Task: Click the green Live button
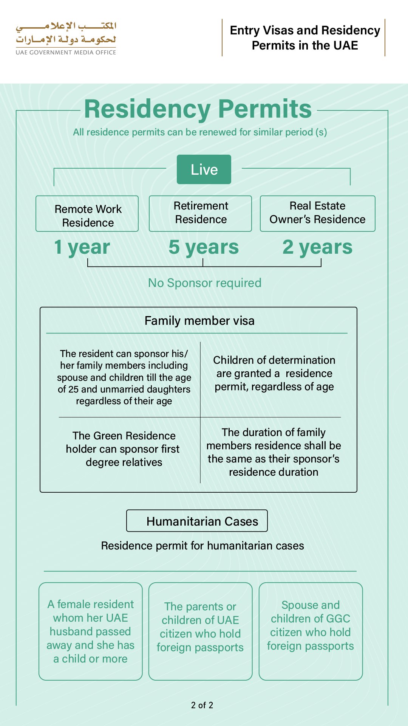[x=204, y=169]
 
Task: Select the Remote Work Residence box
[x=87, y=214]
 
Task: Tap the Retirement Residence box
[x=201, y=213]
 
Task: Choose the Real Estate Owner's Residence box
[x=317, y=213]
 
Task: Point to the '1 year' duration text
[x=82, y=247]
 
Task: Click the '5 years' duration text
[x=204, y=247]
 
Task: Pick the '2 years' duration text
[x=317, y=247]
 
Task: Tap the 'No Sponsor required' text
[x=204, y=283]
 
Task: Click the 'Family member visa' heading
[x=199, y=321]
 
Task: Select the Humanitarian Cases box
[x=197, y=521]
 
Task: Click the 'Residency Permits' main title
[x=198, y=109]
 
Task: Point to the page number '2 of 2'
[x=202, y=705]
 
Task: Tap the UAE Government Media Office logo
[x=66, y=38]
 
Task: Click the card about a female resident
[x=91, y=631]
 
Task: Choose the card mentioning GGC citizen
[x=311, y=631]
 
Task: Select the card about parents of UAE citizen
[x=200, y=631]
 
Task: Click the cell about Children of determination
[x=274, y=374]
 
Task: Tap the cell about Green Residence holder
[x=124, y=449]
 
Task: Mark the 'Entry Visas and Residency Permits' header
[x=305, y=38]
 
